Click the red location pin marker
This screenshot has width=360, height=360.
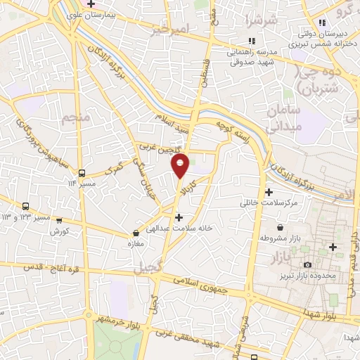click(181, 165)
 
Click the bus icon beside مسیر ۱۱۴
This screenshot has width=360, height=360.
click(82, 172)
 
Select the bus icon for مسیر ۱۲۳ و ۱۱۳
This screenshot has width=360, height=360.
click(26, 206)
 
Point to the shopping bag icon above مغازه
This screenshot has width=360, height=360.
click(136, 233)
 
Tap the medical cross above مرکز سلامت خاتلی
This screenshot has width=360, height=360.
click(269, 192)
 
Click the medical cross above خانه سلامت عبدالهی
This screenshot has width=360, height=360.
click(179, 217)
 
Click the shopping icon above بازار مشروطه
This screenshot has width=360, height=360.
click(281, 228)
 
